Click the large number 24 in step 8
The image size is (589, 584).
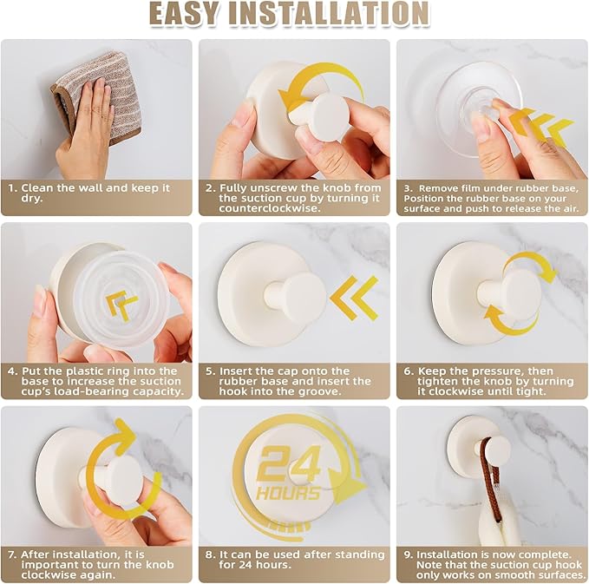[289, 464]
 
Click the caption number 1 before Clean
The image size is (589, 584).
[12, 187]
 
